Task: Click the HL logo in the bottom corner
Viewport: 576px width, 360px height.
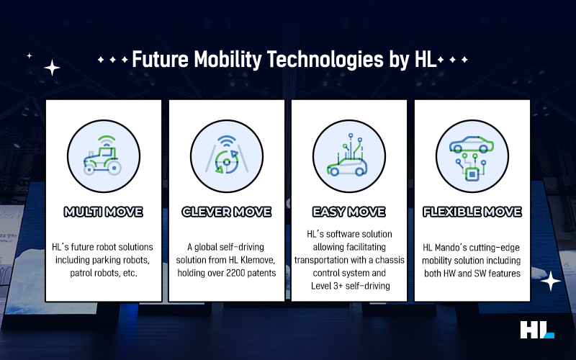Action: pos(537,330)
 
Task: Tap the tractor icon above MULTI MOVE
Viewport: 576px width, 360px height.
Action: pos(103,161)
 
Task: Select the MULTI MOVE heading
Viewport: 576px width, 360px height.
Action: pos(103,212)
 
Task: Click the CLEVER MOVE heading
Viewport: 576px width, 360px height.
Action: pos(227,212)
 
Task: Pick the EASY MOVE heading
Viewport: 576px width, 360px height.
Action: pos(349,212)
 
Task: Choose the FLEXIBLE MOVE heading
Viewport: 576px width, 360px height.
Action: pos(472,212)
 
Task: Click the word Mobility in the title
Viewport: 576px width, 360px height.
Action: pos(228,60)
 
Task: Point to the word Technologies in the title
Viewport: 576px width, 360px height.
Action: pos(325,60)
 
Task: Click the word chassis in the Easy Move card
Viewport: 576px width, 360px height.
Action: pos(390,260)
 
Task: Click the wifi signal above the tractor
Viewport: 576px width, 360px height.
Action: pos(107,140)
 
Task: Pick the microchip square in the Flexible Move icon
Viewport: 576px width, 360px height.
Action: pos(472,174)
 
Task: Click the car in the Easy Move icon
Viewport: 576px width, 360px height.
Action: pos(347,167)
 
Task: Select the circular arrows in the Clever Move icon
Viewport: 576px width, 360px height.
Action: pos(227,161)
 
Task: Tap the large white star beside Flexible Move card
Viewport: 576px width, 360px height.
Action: pos(550,281)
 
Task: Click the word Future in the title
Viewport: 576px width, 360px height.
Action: pos(160,60)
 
